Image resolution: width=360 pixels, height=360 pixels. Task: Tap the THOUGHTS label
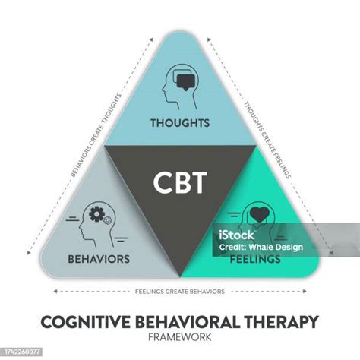tap(179, 122)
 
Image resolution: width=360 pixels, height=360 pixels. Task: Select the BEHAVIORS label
tap(99, 259)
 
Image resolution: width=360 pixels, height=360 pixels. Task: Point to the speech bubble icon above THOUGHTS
tap(185, 79)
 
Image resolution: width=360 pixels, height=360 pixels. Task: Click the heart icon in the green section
tap(261, 216)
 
